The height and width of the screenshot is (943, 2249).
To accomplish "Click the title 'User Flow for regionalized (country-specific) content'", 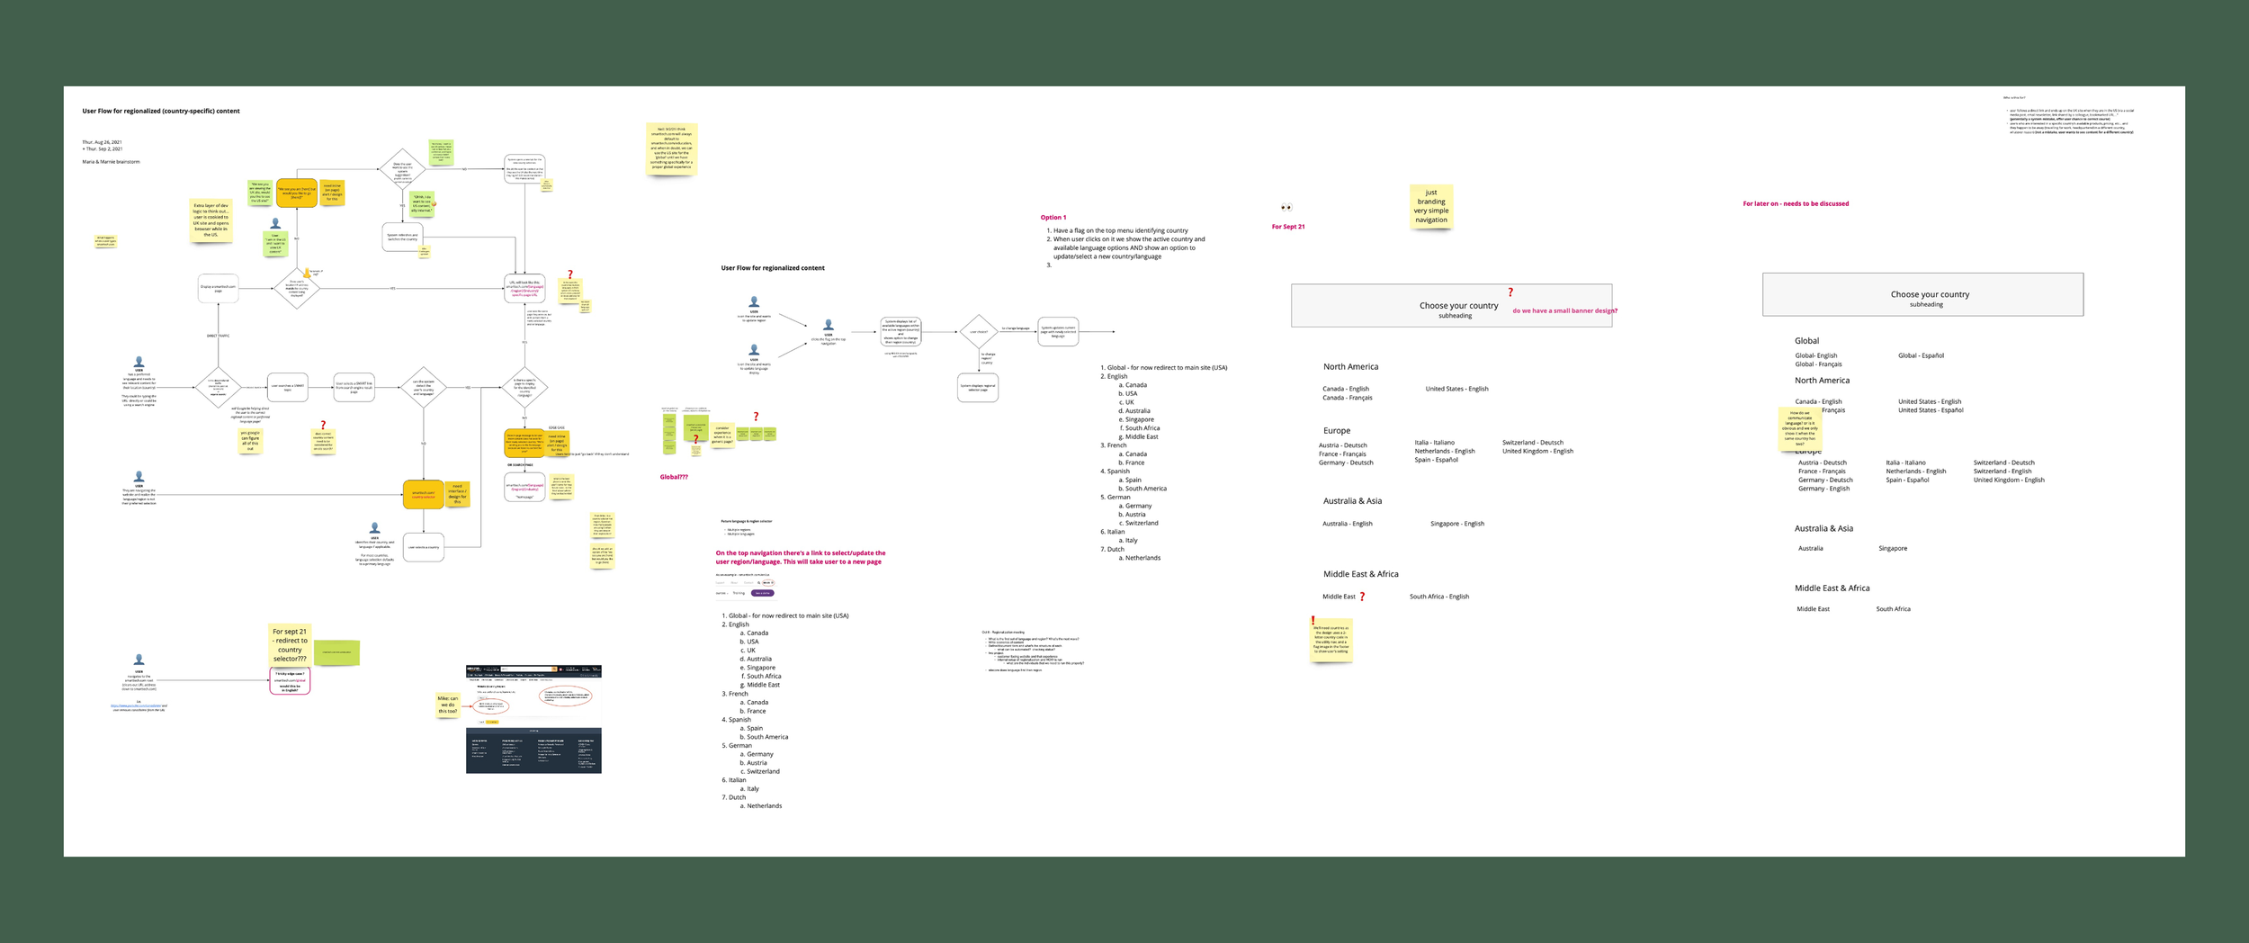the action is (161, 112).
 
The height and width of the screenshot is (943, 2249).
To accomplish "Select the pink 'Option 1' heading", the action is (1053, 218).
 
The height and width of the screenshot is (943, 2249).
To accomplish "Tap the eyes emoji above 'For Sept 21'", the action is (1286, 208).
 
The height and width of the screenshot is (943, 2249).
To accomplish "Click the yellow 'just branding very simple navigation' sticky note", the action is (1430, 206).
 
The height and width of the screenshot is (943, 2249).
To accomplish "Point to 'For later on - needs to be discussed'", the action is (1796, 204).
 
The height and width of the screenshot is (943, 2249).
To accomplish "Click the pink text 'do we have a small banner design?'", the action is (1564, 311).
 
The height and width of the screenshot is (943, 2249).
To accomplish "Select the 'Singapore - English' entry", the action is (1457, 524).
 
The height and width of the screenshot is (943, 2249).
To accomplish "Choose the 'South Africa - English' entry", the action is (1439, 597).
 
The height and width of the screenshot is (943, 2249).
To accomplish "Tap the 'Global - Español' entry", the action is (1921, 356).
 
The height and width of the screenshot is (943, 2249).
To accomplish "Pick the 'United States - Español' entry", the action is (1931, 410).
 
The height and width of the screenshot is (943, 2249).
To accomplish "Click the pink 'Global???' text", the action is (674, 477).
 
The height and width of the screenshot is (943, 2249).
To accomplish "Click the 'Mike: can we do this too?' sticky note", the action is (448, 705).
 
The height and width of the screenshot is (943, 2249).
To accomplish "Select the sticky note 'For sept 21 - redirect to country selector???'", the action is (290, 645).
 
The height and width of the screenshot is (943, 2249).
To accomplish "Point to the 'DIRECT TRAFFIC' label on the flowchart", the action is (218, 336).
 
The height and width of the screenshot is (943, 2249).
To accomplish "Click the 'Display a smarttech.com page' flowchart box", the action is (218, 289).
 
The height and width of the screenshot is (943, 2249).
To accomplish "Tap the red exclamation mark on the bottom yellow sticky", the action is (1313, 621).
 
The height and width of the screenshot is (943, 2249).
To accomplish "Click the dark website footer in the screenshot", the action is (533, 750).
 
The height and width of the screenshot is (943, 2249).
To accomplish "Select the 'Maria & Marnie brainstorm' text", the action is (111, 162).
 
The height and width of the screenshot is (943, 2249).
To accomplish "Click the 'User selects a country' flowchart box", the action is (424, 547).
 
